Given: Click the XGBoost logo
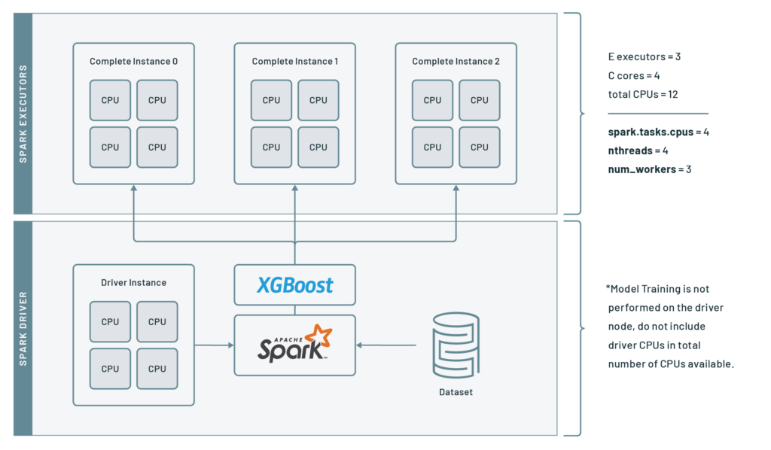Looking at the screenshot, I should pyautogui.click(x=295, y=285).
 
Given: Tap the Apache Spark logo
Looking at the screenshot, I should pyautogui.click(x=295, y=344).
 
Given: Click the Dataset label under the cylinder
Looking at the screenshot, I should pyautogui.click(x=456, y=392).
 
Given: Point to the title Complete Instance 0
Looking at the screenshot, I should pyautogui.click(x=133, y=62).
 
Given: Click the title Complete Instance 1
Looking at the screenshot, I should pyautogui.click(x=294, y=62).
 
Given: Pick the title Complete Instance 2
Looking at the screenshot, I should pyautogui.click(x=456, y=62).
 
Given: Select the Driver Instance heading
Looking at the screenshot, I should pyautogui.click(x=133, y=283).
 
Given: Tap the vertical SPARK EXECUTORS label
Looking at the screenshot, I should pyautogui.click(x=23, y=113).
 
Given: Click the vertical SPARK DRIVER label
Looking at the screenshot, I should pyautogui.click(x=23, y=328).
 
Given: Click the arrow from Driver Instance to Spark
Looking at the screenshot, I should pyautogui.click(x=214, y=345).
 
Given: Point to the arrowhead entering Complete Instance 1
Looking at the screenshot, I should pyautogui.click(x=294, y=189).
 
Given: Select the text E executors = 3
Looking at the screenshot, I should pyautogui.click(x=644, y=56).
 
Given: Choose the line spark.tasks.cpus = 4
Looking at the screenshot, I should pyautogui.click(x=659, y=132).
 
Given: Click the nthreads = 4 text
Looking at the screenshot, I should pyautogui.click(x=638, y=151).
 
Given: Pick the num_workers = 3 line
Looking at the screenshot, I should pyautogui.click(x=649, y=169).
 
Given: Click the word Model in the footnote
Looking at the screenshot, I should pyautogui.click(x=623, y=289).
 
